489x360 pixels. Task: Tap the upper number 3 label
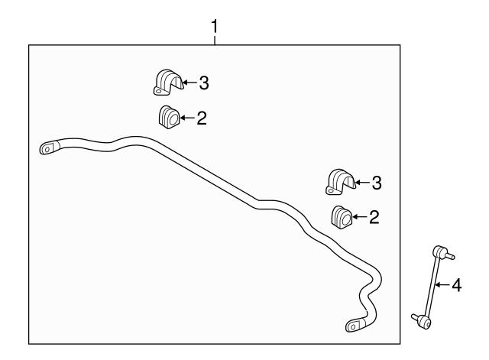pos(204,83)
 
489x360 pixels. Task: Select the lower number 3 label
pos(377,183)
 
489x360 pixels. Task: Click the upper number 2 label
pos(202,118)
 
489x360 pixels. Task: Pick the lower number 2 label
pos(374,217)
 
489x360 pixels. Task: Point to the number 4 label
pos(457,285)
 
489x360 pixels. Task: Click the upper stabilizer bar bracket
pos(168,83)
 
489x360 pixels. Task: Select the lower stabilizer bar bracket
pos(341,182)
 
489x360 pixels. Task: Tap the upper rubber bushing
pos(169,117)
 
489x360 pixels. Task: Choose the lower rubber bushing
pos(342,217)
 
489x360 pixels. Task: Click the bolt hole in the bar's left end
pos(47,150)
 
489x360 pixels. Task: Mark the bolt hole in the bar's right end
pos(353,327)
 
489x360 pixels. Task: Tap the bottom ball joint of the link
pos(423,321)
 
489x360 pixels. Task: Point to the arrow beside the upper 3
pos(189,83)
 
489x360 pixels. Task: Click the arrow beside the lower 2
pos(360,217)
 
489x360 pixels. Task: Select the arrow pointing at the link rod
pos(442,284)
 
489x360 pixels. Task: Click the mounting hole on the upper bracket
pos(158,92)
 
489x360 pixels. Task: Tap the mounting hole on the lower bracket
pos(330,190)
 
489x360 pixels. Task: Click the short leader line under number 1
pos(214,41)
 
